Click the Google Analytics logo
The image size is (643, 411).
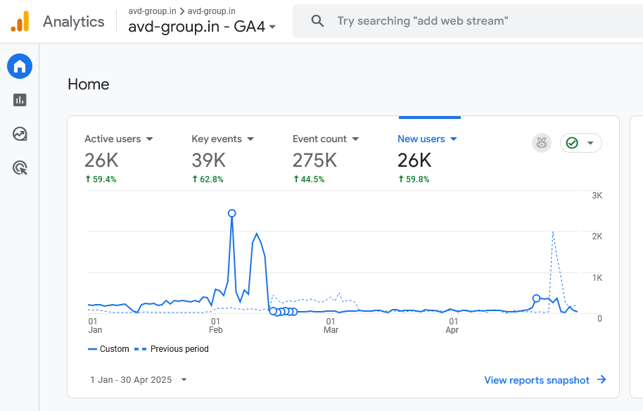20,22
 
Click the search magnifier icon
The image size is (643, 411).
317,21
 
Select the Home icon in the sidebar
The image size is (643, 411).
20,67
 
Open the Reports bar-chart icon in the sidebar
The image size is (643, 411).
20,100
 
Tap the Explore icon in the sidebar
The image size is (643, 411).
20,134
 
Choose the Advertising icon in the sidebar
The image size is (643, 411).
20,167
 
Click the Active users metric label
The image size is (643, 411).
113,139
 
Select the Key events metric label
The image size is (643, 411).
217,139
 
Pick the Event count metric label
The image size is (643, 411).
319,139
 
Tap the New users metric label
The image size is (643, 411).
421,139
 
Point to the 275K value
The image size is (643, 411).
315,160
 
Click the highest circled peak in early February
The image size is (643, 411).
232,213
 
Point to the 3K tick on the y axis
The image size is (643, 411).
597,195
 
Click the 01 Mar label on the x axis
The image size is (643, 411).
331,325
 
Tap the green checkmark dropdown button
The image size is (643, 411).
580,144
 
